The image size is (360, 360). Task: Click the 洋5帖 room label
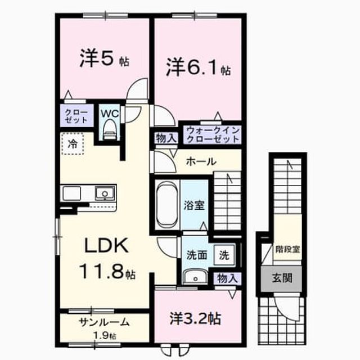click(105, 59)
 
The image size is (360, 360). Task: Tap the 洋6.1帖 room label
click(199, 67)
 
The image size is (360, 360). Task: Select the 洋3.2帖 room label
click(195, 318)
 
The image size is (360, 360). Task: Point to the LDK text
click(106, 245)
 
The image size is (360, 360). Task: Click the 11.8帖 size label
click(107, 271)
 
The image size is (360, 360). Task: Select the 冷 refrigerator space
click(73, 144)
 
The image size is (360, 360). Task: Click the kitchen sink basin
click(105, 193)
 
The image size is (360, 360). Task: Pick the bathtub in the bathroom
click(167, 204)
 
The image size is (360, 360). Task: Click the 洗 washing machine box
click(224, 255)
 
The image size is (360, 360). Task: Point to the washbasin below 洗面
click(195, 277)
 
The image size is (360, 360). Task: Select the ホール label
click(201, 161)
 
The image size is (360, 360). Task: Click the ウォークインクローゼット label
click(213, 135)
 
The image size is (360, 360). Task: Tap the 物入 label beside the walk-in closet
click(166, 138)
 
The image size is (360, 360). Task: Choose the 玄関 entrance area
click(282, 278)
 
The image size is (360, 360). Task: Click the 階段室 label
click(288, 250)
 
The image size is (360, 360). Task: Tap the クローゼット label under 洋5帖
click(76, 116)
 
